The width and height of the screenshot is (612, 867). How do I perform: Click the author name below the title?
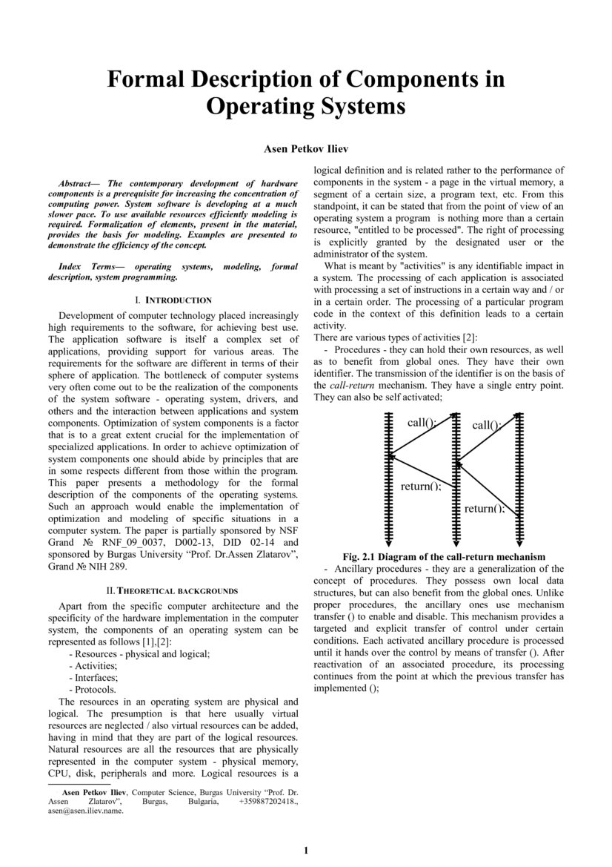306,149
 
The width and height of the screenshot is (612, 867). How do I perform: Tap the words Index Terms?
82,266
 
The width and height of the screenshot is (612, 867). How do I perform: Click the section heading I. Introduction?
173,300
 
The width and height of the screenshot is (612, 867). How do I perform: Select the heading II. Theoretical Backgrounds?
172,591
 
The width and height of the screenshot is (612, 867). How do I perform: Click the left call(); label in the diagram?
422,423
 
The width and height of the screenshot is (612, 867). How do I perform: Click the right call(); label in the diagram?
486,426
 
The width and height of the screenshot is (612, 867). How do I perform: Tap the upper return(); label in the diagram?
420,487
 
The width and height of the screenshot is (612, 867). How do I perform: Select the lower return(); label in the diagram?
485,509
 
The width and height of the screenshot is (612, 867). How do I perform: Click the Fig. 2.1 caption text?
445,556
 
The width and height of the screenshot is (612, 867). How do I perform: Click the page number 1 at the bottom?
306,850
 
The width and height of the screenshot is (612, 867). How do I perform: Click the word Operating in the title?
255,107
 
